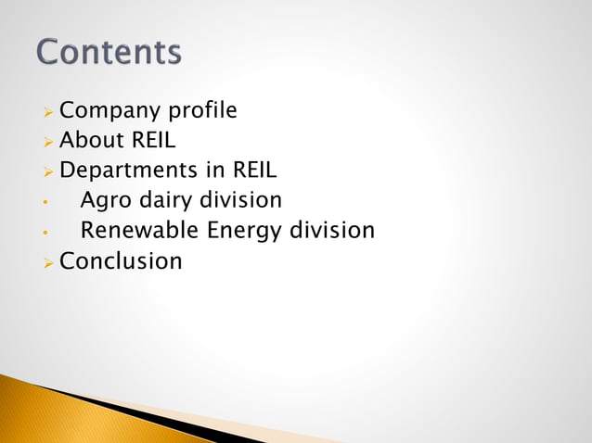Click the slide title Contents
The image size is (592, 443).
pyautogui.click(x=109, y=51)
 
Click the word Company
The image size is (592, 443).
pyautogui.click(x=109, y=112)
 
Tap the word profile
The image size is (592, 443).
pyautogui.click(x=201, y=112)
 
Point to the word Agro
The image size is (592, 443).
pyautogui.click(x=106, y=200)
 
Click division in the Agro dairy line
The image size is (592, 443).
pyautogui.click(x=241, y=200)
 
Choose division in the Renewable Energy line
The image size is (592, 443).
pyautogui.click(x=333, y=230)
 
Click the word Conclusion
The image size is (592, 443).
pyautogui.click(x=121, y=261)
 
